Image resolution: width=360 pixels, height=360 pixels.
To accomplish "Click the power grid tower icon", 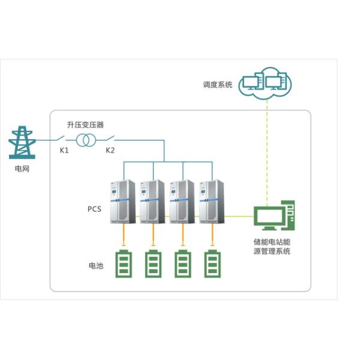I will pos(22,142).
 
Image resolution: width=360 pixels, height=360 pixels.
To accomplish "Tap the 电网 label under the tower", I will pos(22,169).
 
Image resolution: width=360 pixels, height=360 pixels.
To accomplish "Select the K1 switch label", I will pos(64,150).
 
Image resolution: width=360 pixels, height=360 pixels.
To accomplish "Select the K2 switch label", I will pos(110,150).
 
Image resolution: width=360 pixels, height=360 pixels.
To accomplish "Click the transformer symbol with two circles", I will pos(88,140).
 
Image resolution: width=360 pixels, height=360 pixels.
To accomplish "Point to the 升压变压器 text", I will pos(85,125).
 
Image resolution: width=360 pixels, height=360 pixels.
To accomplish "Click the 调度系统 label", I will pos(217,85).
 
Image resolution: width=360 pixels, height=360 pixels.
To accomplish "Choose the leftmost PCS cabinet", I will pos(123,202).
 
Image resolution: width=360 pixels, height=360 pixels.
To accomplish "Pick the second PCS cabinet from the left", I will pos(152,202).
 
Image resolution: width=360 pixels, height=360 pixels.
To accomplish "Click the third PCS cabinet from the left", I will pos(182,202).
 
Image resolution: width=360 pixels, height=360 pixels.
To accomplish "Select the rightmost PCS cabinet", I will pos(211,202).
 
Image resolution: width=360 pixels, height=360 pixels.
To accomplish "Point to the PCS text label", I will pos(94,209).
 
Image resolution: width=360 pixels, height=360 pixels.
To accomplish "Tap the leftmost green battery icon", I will pos(124,263).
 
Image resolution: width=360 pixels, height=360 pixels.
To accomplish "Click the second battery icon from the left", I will pos(153,263).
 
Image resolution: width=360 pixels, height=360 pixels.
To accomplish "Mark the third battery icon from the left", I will pos(182,263).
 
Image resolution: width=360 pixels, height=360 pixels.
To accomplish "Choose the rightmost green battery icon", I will pos(212,263).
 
